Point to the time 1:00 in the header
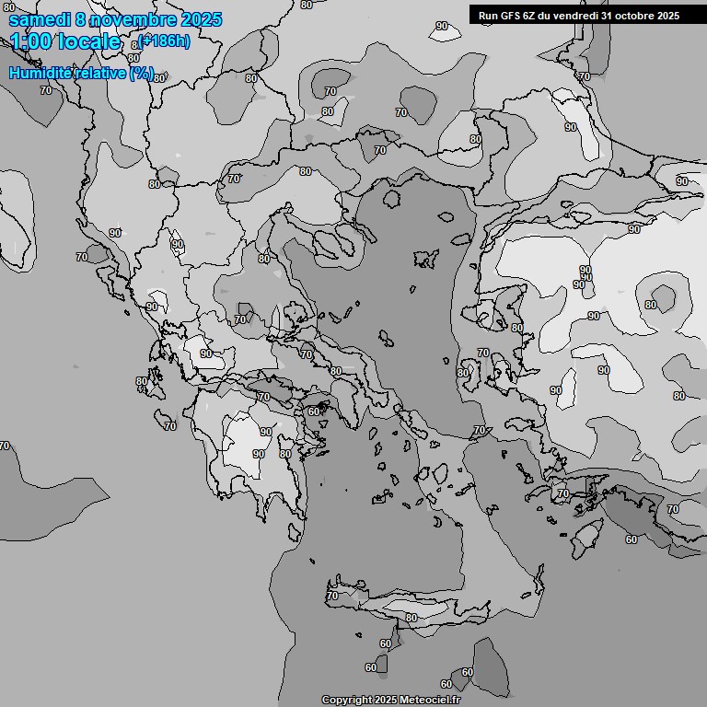click(x=31, y=41)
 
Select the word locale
click(x=90, y=41)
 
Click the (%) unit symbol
click(x=142, y=73)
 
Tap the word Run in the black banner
click(x=488, y=15)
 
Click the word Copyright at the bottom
click(x=346, y=701)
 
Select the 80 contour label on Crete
click(x=411, y=618)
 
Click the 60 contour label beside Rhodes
click(x=631, y=539)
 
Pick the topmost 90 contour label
click(x=442, y=26)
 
